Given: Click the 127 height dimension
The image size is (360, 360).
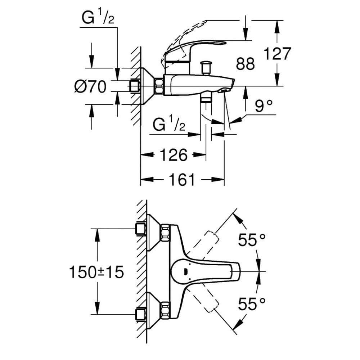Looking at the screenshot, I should (277, 54).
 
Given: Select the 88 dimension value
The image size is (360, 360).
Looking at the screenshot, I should (246, 64).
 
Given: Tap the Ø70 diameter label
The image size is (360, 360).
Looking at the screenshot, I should (90, 87).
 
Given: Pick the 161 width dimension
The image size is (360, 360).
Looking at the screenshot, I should (181, 179).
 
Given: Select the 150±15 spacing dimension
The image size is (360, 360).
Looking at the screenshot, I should (96, 272).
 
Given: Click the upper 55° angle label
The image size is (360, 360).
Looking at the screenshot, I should (252, 240).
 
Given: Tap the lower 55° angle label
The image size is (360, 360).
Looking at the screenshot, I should (252, 304).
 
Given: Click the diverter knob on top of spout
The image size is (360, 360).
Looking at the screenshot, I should (206, 67).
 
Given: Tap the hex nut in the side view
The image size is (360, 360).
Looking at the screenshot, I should (158, 86).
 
